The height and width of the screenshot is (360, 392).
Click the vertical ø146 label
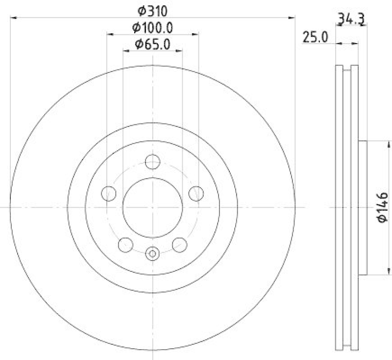(x=383, y=208)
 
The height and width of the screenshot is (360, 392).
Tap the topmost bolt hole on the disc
(x=153, y=161)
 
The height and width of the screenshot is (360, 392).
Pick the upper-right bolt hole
(x=196, y=193)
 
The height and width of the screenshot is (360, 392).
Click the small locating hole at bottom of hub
(x=153, y=253)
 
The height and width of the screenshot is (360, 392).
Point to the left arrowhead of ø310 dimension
(x=12, y=18)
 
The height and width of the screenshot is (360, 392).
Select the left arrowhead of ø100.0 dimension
(x=109, y=34)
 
